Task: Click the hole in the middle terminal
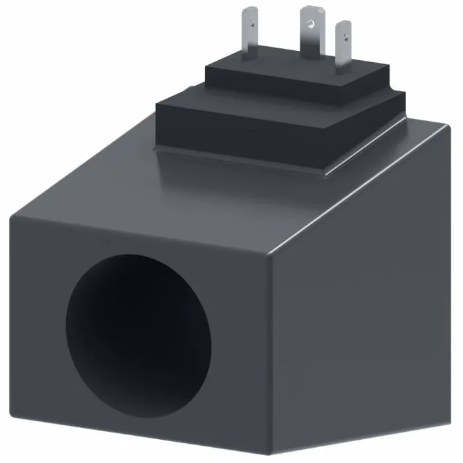308,24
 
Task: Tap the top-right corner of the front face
269,255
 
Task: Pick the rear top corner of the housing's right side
442,129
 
